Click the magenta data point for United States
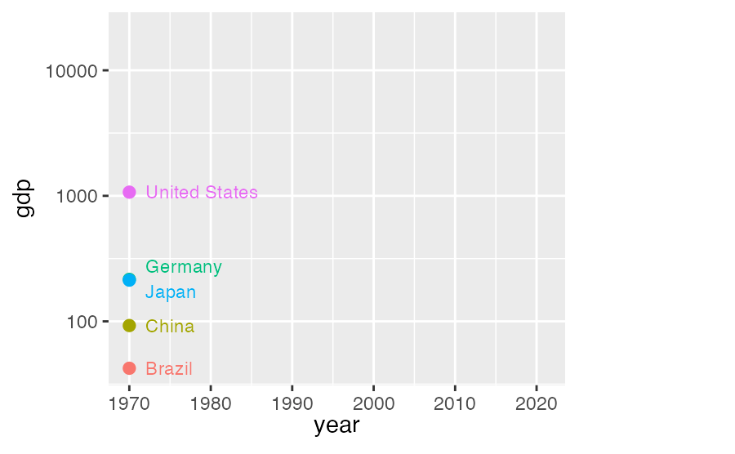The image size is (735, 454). [x=129, y=192]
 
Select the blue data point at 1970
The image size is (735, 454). [x=129, y=279]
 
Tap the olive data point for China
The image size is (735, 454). [x=129, y=326]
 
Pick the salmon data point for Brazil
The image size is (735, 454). [x=129, y=368]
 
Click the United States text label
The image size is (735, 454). [x=202, y=193]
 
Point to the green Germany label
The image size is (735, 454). [x=184, y=267]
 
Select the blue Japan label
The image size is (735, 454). [x=171, y=292]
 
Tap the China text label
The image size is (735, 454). [x=170, y=327]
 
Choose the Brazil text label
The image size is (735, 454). [x=169, y=369]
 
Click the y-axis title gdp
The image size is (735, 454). [x=25, y=198]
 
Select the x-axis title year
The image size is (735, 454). [x=336, y=425]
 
